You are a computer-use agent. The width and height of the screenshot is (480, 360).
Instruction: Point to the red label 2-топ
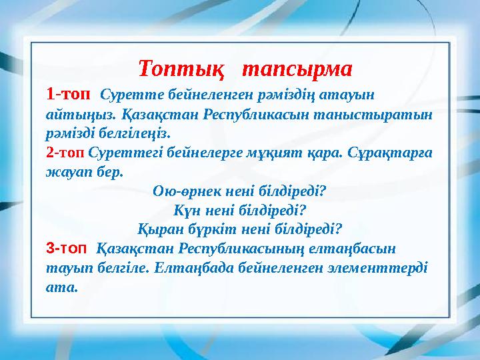click(65, 151)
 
